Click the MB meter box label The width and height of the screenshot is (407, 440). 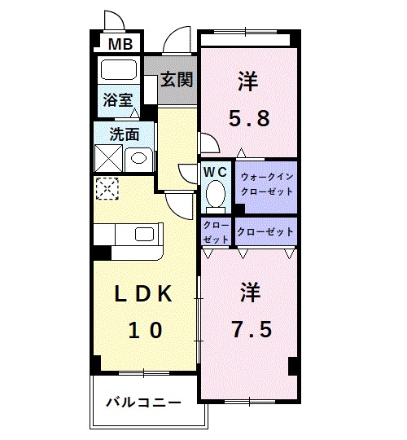coord(120,44)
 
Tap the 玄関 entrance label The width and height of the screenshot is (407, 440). coord(176,80)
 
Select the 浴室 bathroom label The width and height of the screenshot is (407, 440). coord(117,100)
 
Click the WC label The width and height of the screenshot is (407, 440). coord(215,172)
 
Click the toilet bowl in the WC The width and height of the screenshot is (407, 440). coord(216,194)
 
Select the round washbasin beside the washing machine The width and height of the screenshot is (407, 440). coord(138,156)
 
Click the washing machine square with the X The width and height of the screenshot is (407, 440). coord(108,156)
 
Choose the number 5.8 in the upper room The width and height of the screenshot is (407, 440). coord(248,119)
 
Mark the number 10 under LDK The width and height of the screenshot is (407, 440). coord(144,329)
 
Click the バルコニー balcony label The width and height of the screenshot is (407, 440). coord(143,402)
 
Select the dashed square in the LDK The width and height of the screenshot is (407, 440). coord(107,188)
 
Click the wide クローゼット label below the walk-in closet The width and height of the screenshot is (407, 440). coord(265,232)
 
